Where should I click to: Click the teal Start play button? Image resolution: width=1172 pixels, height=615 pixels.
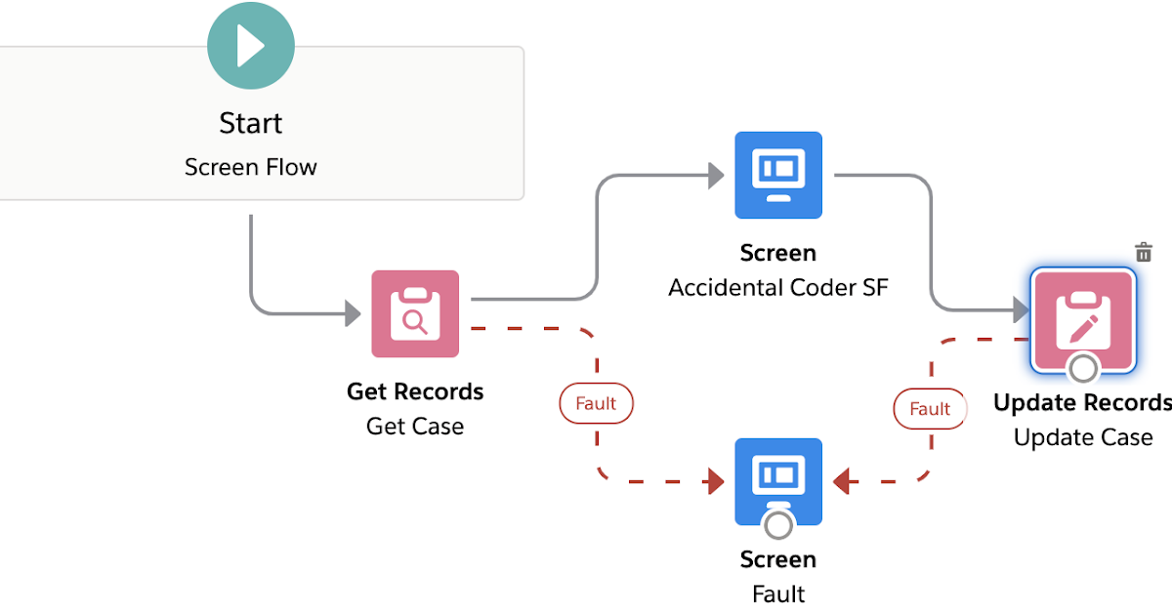[x=251, y=45]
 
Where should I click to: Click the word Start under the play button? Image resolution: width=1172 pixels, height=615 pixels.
[x=251, y=124]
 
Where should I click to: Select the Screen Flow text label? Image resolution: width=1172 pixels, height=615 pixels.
[x=251, y=167]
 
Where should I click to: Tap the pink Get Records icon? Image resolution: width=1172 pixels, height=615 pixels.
[x=415, y=313]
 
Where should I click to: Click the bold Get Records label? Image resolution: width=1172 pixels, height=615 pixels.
[x=415, y=391]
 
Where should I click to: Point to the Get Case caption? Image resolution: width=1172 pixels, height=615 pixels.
[x=415, y=427]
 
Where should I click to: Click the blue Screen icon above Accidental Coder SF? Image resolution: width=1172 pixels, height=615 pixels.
[x=778, y=175]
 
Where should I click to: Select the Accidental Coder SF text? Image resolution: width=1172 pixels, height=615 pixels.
[x=778, y=288]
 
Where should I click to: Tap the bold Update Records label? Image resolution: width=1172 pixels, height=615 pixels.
[x=1082, y=402]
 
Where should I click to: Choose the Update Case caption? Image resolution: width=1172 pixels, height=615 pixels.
[x=1083, y=437]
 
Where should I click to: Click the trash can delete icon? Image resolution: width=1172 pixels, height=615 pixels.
[x=1144, y=253]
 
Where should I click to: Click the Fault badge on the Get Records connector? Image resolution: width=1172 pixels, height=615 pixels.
[x=596, y=403]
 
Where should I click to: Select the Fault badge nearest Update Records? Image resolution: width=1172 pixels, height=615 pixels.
[x=930, y=409]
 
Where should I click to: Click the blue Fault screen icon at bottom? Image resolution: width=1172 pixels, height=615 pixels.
[x=778, y=478]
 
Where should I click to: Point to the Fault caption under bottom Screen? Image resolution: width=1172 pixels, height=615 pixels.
[x=778, y=594]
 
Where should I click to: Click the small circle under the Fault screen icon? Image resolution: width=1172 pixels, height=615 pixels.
[x=778, y=525]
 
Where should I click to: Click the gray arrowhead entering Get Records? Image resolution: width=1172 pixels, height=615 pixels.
[x=353, y=313]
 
